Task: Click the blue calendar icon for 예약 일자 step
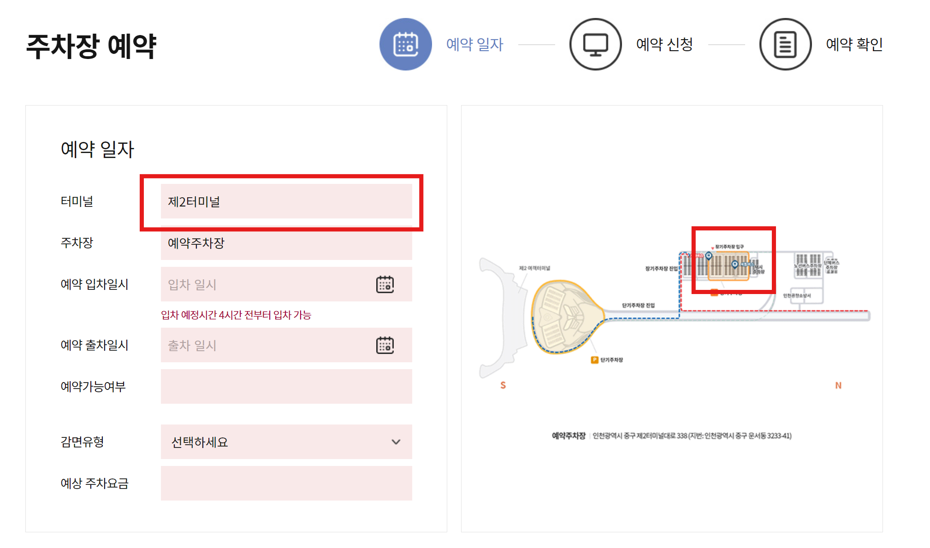[x=405, y=44]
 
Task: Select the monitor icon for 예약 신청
[x=595, y=44]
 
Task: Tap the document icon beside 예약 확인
[x=785, y=44]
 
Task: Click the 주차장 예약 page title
[x=91, y=47]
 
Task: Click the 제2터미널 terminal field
[x=286, y=201]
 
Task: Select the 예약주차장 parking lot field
[x=286, y=243]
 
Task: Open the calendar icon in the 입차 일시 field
[x=385, y=284]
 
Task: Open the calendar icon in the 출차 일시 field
[x=385, y=345]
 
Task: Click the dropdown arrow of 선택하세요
[x=396, y=442]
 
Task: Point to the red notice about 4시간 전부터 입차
[x=236, y=315]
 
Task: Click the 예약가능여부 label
[x=93, y=387]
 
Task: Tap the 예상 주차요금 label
[x=95, y=483]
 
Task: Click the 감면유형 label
[x=82, y=442]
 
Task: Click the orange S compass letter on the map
[x=503, y=385]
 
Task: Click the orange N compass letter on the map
[x=838, y=385]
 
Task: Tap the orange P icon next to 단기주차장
[x=594, y=360]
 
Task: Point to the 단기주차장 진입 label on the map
[x=638, y=305]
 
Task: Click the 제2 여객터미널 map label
[x=534, y=268]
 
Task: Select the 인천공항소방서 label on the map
[x=796, y=295]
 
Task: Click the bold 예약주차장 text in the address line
[x=569, y=436]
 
